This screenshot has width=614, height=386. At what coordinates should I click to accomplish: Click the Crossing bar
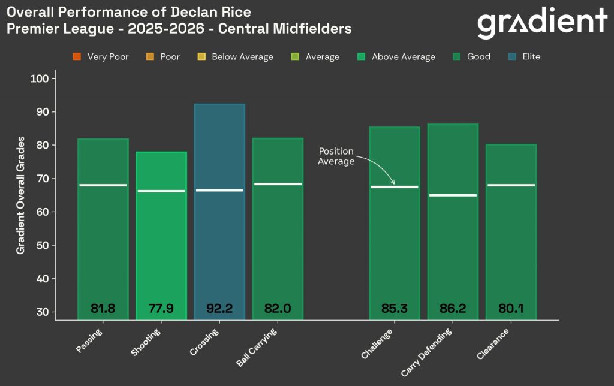[x=219, y=240]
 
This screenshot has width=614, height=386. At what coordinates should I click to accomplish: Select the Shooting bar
[x=161, y=252]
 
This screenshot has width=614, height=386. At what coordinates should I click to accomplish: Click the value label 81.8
[x=103, y=309]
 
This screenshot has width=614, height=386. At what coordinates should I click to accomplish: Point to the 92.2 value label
[x=219, y=309]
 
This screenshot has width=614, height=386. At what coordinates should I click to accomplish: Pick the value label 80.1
[x=511, y=309]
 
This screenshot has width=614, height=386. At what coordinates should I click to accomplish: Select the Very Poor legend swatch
[x=77, y=57]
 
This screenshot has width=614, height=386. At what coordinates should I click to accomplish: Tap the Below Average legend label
[x=242, y=57]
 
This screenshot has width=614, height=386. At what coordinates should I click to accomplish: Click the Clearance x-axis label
[x=494, y=344]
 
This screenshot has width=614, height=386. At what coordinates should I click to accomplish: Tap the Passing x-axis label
[x=90, y=340]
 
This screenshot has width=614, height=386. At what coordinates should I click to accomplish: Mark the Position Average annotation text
[x=336, y=156]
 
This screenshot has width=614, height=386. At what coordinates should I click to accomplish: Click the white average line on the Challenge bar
[x=395, y=187]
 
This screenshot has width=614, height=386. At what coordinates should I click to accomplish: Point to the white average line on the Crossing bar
[x=219, y=190]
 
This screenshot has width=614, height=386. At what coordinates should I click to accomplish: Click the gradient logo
[x=542, y=23]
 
